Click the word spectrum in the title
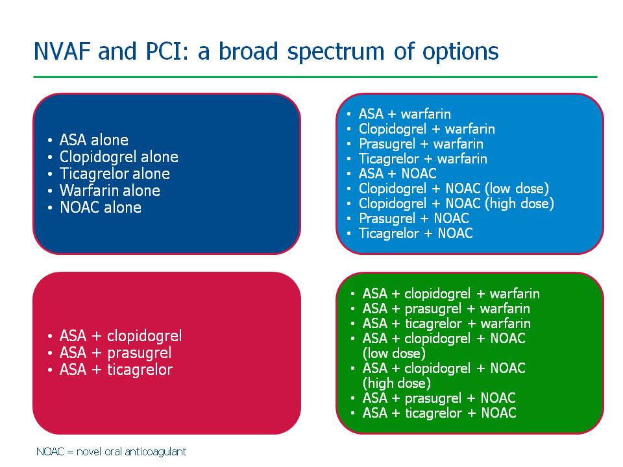point(336,53)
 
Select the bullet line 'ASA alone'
point(93,140)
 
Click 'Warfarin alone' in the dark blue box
point(110,191)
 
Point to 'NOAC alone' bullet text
point(101,208)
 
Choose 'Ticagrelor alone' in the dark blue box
point(115,174)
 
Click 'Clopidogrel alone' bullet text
point(119,157)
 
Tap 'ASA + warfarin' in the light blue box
point(405,114)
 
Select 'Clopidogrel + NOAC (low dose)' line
point(454,189)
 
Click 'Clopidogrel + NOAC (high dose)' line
point(456,204)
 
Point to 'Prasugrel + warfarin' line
point(421,144)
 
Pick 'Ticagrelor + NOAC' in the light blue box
point(415,233)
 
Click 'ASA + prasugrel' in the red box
point(116,353)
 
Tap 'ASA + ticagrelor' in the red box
point(116,370)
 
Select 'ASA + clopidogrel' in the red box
point(121,336)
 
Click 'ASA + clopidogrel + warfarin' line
point(451,294)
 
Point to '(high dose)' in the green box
point(397,383)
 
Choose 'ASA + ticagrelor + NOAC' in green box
point(439,413)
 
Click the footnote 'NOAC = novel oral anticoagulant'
point(111,451)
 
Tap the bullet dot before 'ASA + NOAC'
point(349,174)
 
